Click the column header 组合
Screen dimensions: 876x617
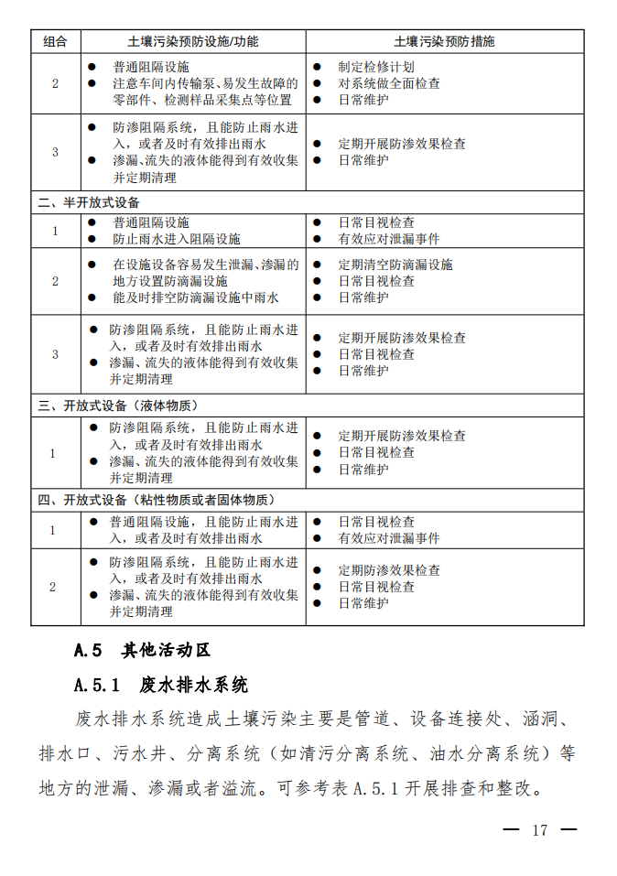click(55, 41)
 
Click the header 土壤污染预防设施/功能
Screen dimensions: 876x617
click(193, 41)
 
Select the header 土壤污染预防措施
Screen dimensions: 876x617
click(444, 41)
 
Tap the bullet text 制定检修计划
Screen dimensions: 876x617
click(375, 67)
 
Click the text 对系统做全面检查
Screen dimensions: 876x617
click(388, 83)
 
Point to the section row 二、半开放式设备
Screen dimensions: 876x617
click(89, 202)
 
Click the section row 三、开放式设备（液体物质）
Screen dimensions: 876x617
click(117, 406)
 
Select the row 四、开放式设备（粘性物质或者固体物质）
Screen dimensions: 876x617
click(155, 501)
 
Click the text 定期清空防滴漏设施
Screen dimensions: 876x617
click(395, 265)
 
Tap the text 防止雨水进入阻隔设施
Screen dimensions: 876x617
click(176, 239)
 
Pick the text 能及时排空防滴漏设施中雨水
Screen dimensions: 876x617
click(195, 297)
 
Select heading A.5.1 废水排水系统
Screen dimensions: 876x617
click(161, 685)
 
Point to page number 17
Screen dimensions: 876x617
click(539, 830)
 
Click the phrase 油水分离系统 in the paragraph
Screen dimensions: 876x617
click(494, 753)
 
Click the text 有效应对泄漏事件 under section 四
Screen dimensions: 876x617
click(388, 538)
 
